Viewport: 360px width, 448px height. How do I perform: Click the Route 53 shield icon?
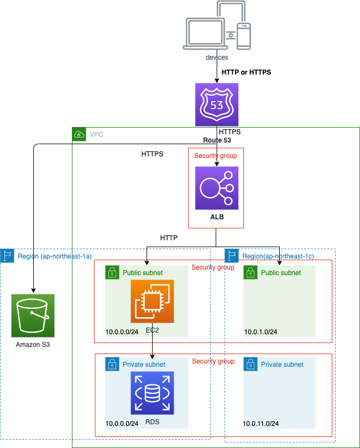tap(217, 104)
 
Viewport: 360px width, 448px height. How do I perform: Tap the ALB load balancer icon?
tap(217, 188)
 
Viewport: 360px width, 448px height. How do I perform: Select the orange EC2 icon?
tap(152, 301)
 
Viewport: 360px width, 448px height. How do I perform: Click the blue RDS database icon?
tap(152, 393)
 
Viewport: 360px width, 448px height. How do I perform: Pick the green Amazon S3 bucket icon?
tap(33, 315)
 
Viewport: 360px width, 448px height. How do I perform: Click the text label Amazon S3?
tap(33, 345)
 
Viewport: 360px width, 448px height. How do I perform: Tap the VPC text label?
tap(96, 134)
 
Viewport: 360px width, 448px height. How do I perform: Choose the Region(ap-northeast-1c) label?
tap(278, 256)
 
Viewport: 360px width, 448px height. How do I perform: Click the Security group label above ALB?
tap(216, 156)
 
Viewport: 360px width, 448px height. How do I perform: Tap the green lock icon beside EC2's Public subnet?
tap(112, 272)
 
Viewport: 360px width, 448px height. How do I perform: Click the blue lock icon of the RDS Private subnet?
tap(112, 363)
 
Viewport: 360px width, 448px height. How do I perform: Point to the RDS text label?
tap(152, 422)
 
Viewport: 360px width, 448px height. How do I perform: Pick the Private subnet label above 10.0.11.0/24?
tap(282, 365)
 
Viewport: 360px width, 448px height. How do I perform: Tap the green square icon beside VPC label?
tap(79, 134)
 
